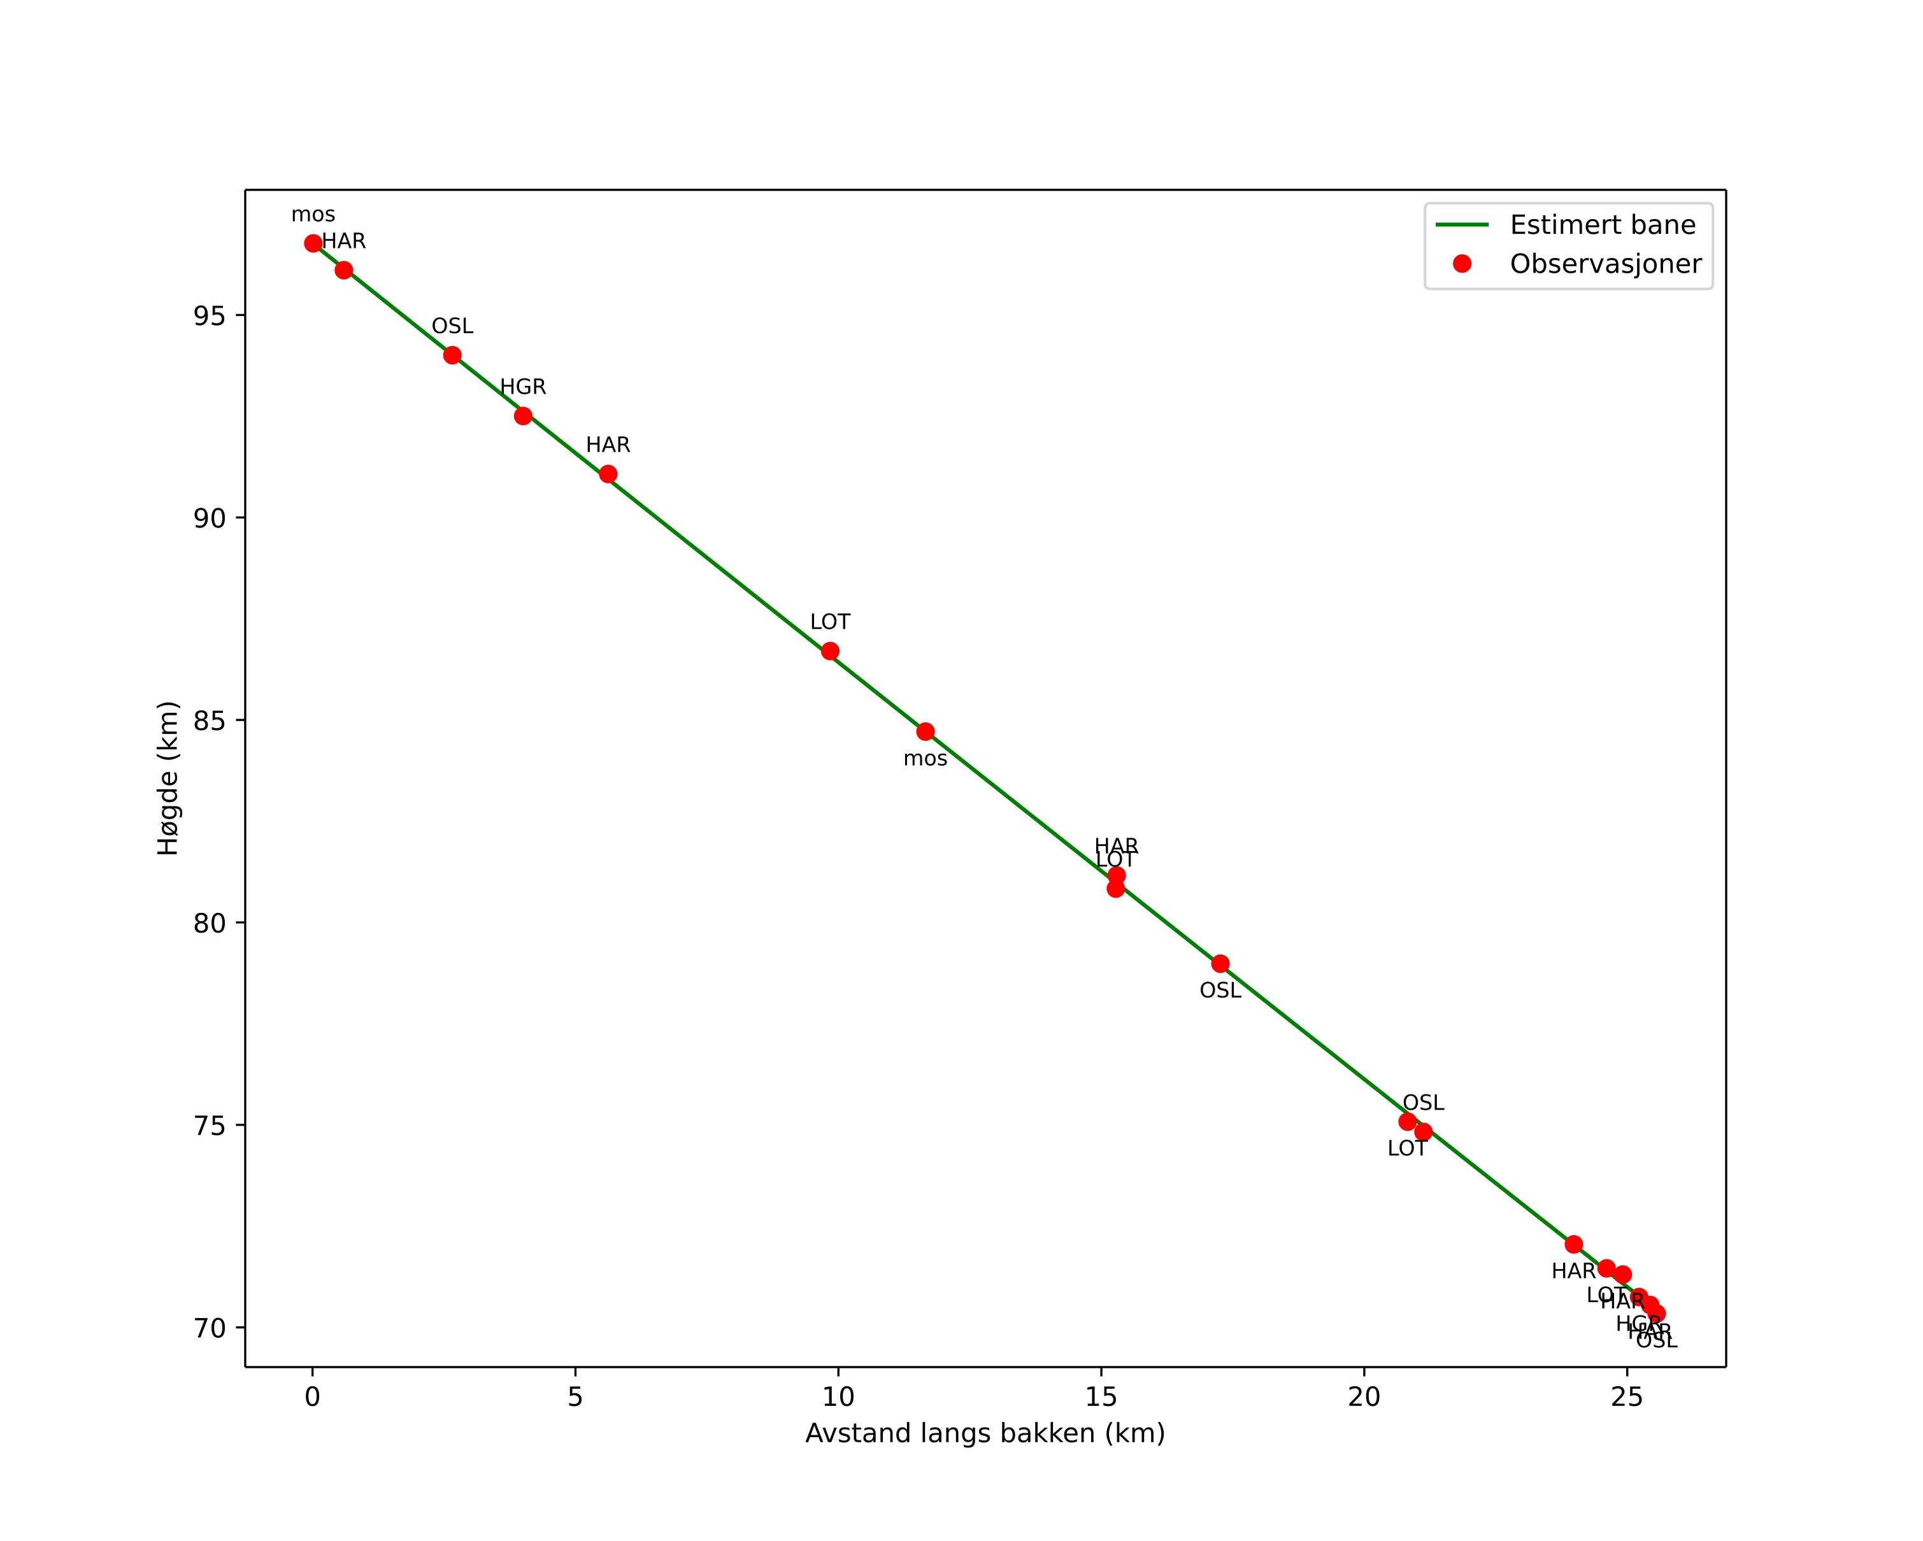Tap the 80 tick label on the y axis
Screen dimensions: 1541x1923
(210, 923)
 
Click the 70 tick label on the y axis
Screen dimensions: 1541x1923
(210, 1328)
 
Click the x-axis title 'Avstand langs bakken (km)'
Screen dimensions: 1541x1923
(985, 1434)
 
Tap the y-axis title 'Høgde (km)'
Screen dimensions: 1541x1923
(169, 778)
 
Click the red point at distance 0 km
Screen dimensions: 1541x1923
(313, 243)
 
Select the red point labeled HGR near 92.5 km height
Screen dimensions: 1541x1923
(524, 415)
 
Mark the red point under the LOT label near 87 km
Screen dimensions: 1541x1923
(831, 651)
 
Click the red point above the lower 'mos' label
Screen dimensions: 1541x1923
(926, 731)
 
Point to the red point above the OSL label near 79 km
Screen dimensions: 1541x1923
(1220, 963)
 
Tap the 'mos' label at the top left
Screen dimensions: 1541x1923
(313, 215)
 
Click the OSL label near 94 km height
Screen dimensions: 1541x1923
(452, 326)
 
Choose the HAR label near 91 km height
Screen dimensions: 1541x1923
(608, 445)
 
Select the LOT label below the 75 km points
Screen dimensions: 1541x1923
(1408, 1149)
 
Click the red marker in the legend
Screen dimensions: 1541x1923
(1462, 263)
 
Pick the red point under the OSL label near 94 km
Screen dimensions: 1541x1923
(452, 355)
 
